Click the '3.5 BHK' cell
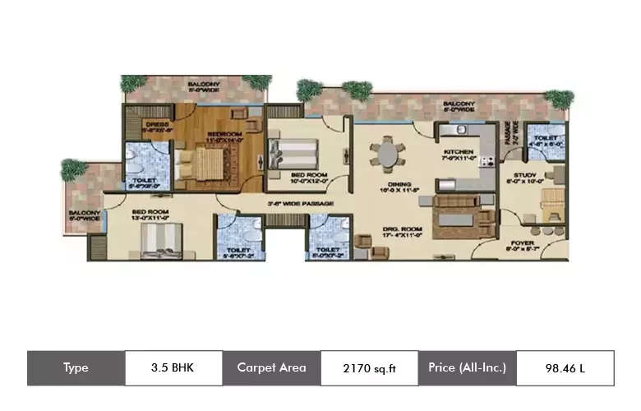point(173,367)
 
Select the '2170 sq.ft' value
point(369,367)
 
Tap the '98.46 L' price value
point(565,367)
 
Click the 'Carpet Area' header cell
point(271,367)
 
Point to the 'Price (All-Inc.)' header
point(467,367)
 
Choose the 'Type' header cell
point(76,367)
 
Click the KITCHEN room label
point(457,153)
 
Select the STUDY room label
point(526,174)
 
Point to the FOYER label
point(523,242)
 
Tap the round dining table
point(386,154)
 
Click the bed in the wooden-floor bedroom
point(197,160)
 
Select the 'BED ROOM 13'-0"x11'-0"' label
point(151,215)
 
